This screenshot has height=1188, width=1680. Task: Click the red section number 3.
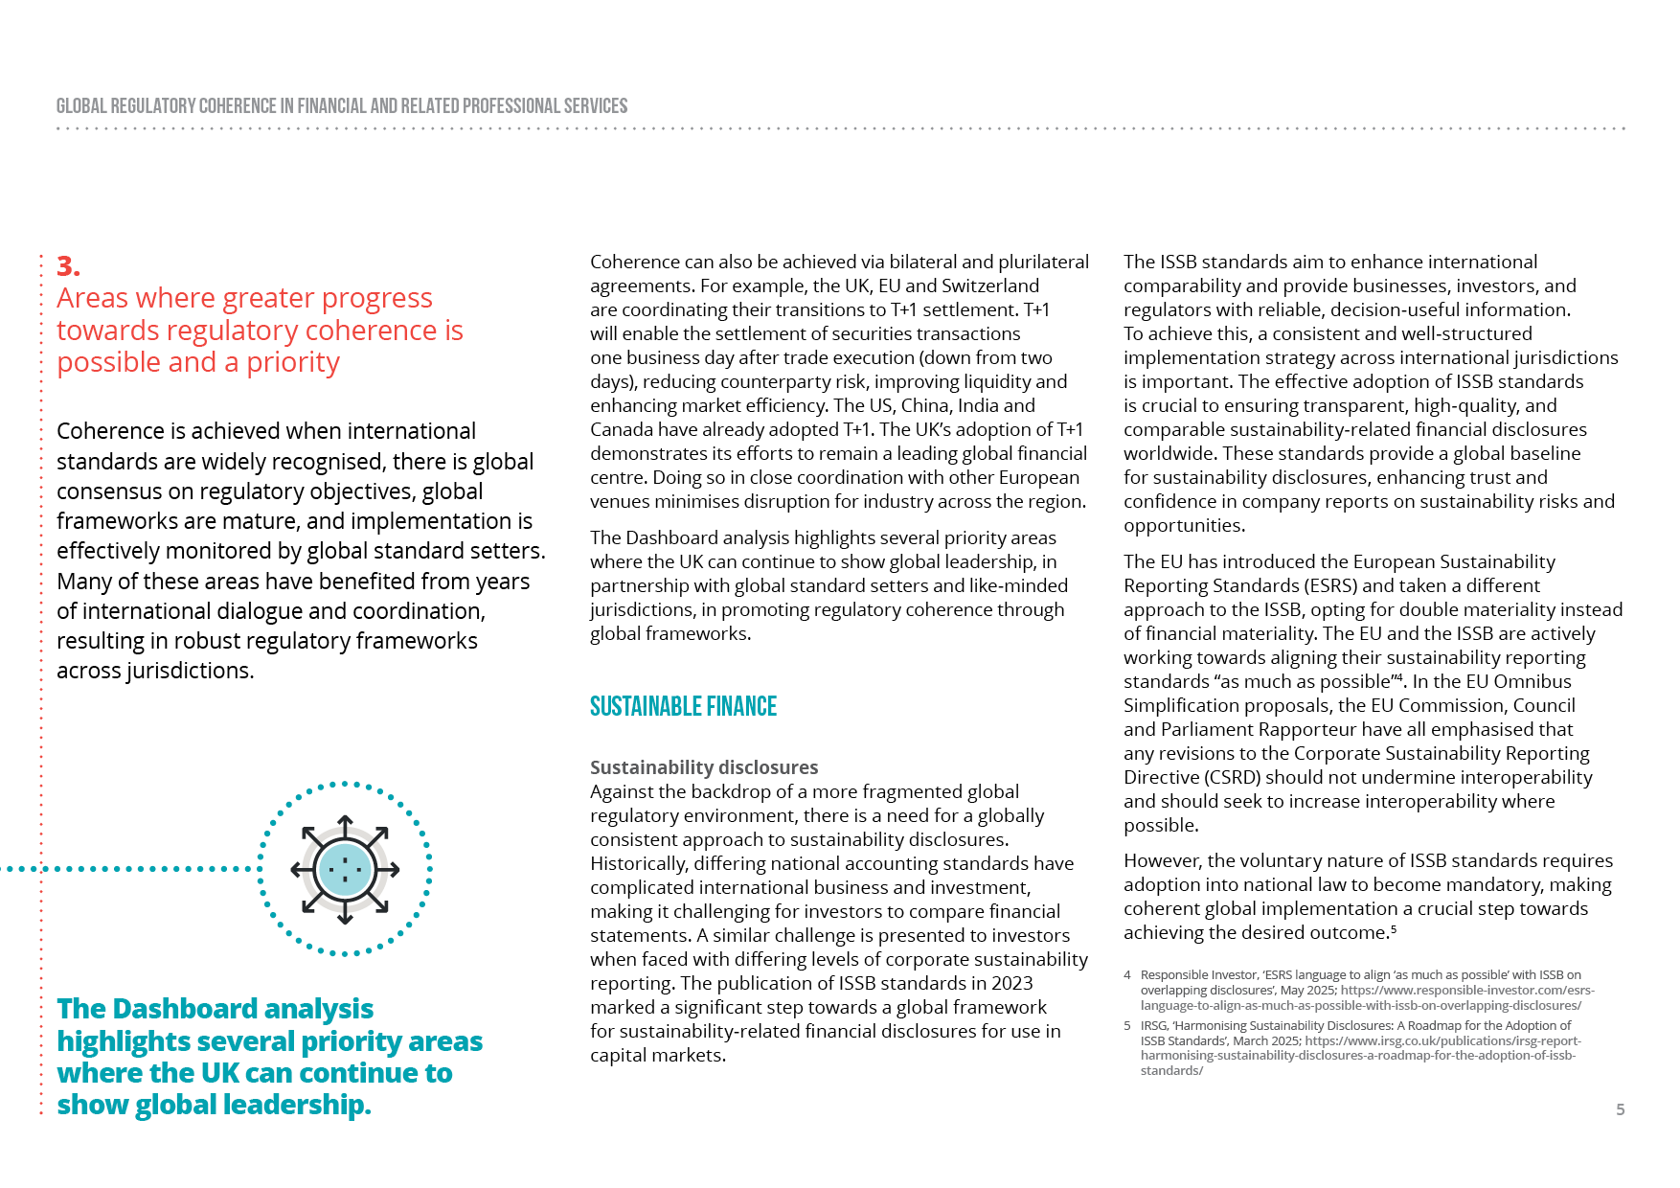[68, 266]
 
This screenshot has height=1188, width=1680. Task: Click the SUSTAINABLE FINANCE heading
[683, 707]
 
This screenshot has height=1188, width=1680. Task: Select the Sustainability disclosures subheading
[704, 767]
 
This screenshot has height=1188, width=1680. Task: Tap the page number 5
[1620, 1109]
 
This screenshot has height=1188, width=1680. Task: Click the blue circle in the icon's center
[345, 870]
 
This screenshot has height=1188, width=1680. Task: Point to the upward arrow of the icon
[345, 825]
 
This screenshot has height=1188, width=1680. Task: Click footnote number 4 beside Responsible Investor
[1127, 975]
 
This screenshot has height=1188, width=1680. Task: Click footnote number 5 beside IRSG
[1127, 1026]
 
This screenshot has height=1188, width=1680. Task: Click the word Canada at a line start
[621, 430]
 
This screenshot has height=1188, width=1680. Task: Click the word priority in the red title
[293, 363]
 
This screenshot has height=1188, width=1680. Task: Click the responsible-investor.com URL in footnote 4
[1466, 991]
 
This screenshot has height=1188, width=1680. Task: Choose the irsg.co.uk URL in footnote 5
[1442, 1041]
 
